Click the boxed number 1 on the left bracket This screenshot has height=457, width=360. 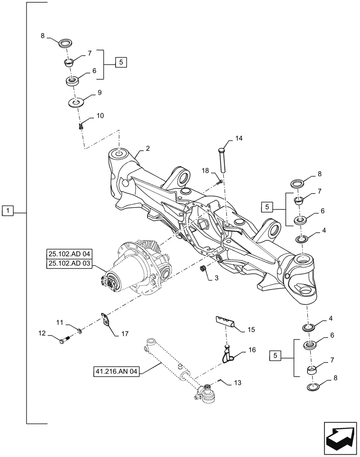[8, 211]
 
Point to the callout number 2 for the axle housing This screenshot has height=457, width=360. [148, 149]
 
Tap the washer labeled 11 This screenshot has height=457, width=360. [80, 330]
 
